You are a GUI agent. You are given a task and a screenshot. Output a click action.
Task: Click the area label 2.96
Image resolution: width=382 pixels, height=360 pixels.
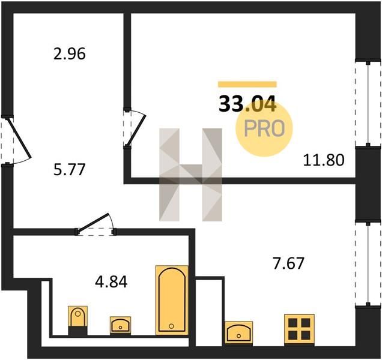tap(70, 54)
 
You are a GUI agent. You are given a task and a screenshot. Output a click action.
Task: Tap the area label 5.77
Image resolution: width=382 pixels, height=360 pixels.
tap(70, 170)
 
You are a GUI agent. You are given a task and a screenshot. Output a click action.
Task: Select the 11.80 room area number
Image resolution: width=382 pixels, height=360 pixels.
tap(324, 160)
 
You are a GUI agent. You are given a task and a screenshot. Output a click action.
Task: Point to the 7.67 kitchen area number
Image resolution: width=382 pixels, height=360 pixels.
tap(289, 263)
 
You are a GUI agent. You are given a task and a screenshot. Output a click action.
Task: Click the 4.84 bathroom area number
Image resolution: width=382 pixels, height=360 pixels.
tap(111, 283)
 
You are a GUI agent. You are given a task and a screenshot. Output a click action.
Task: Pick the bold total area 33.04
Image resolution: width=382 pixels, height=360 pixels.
tap(247, 104)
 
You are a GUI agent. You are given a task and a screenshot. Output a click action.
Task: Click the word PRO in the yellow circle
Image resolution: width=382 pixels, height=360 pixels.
tap(264, 128)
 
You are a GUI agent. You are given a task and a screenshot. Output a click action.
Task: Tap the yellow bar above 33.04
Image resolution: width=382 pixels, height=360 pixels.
tap(247, 84)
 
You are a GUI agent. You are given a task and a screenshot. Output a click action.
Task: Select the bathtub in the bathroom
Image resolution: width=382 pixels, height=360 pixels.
tap(172, 300)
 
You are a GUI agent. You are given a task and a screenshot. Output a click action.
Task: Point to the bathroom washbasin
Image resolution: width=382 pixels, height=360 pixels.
tap(120, 325)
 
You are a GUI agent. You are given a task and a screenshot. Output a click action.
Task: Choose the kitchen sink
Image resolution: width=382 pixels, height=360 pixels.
tap(239, 333)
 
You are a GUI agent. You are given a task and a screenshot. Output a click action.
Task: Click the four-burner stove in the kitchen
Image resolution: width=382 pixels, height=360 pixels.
tap(299, 329)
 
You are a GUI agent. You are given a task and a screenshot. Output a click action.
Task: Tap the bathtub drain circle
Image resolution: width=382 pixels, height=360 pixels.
tap(171, 326)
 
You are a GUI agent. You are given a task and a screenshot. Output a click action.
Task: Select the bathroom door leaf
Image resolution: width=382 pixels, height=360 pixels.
tap(93, 222)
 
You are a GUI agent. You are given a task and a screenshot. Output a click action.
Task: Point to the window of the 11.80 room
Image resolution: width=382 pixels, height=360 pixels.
tap(368, 104)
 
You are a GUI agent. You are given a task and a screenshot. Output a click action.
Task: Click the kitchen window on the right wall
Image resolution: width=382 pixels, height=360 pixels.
tap(368, 263)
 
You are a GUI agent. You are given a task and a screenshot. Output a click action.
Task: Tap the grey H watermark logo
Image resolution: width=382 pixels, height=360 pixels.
tap(190, 175)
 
